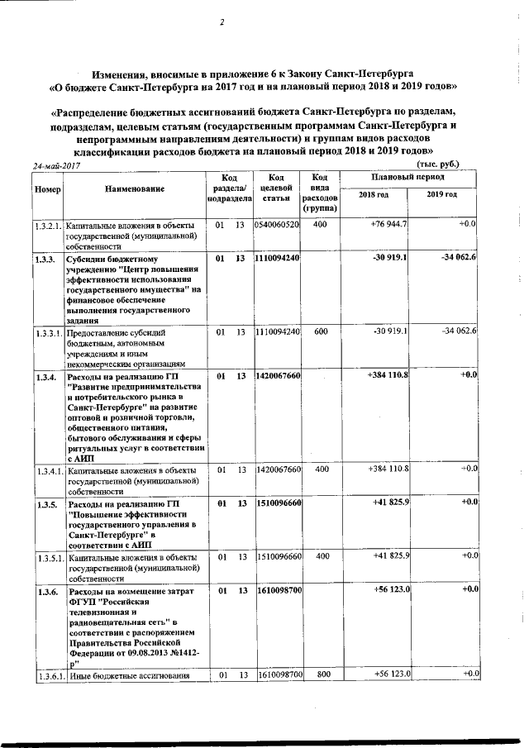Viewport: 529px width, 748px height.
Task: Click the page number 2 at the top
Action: pyautogui.click(x=222, y=22)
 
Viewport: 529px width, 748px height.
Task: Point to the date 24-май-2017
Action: pyautogui.click(x=60, y=166)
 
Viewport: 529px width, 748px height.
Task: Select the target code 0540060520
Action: pyautogui.click(x=277, y=225)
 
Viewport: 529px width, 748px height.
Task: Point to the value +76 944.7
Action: pyautogui.click(x=388, y=225)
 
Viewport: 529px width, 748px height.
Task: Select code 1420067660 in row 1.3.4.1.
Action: pyautogui.click(x=277, y=469)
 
